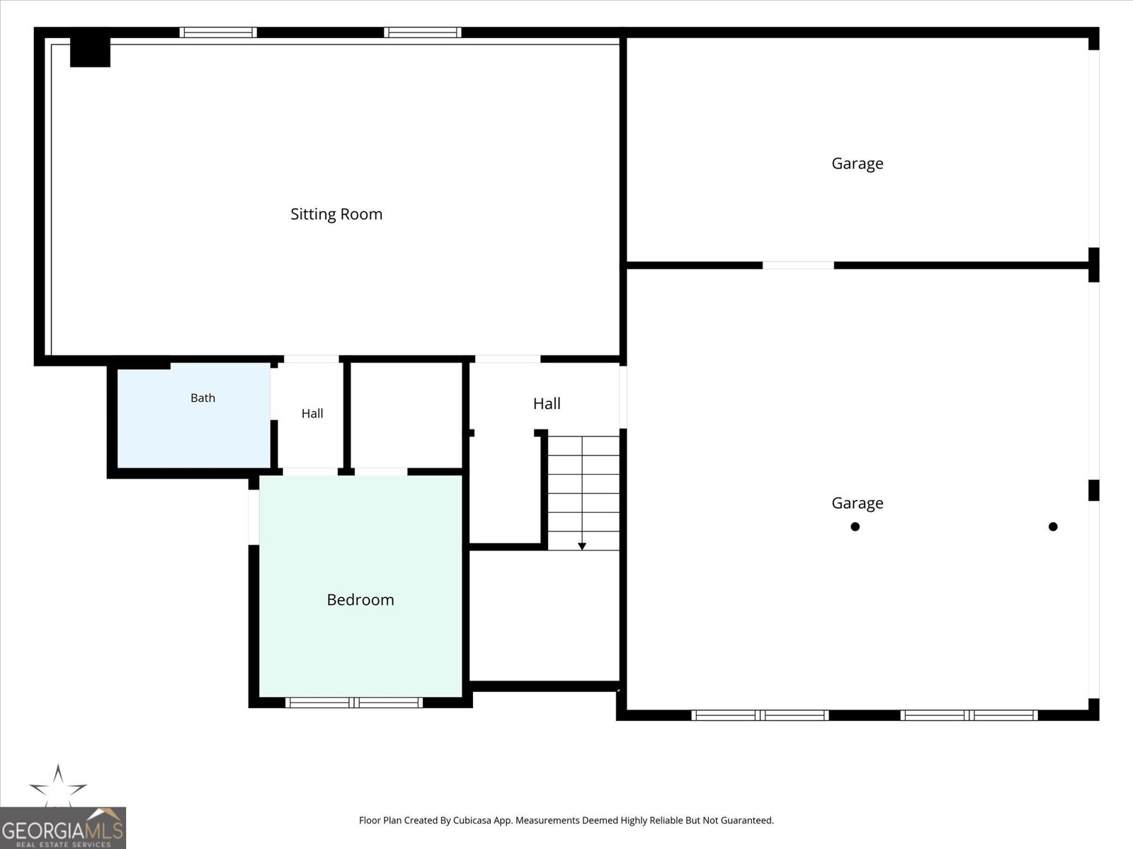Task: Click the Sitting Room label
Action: [x=336, y=214]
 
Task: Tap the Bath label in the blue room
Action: [x=203, y=398]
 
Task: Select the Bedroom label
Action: [x=360, y=599]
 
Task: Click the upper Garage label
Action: [x=858, y=164]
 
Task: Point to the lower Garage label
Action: [x=858, y=503]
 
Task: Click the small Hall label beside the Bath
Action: [x=312, y=413]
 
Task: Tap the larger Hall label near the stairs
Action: [x=547, y=403]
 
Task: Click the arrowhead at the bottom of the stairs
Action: [x=582, y=546]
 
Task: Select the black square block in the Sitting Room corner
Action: [x=91, y=52]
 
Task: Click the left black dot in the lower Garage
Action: [x=855, y=526]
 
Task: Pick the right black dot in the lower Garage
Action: [x=1053, y=526]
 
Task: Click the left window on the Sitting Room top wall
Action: [x=218, y=33]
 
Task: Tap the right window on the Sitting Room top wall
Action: [x=423, y=33]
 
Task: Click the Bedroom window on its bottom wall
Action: [x=354, y=702]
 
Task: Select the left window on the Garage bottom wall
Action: [x=760, y=715]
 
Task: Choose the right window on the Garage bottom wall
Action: [x=969, y=715]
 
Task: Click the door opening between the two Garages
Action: [x=798, y=265]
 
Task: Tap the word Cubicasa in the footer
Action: [x=472, y=820]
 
